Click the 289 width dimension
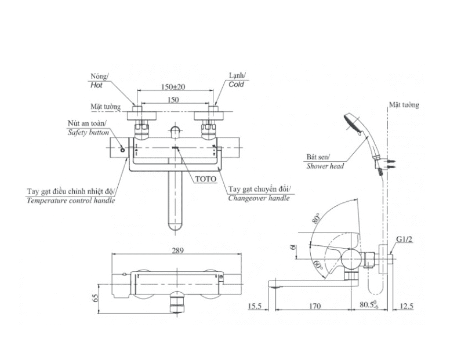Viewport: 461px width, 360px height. pos(177,251)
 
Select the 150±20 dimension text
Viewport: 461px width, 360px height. pos(172,87)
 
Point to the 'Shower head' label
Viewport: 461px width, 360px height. pos(325,166)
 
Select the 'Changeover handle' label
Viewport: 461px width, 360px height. pos(259,198)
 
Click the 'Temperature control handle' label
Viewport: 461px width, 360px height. pos(71,201)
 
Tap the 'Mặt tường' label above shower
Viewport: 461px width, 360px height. pos(404,105)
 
